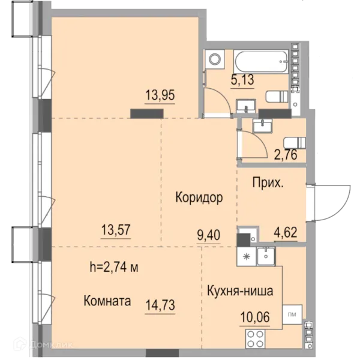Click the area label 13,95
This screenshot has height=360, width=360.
(x=160, y=95)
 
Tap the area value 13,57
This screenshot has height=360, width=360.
(x=116, y=230)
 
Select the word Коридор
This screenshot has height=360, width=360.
(x=199, y=197)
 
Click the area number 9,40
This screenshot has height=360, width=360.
(x=209, y=235)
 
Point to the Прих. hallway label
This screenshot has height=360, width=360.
(x=268, y=183)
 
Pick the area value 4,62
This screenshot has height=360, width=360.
(x=286, y=232)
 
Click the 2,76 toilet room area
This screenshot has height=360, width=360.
(x=286, y=154)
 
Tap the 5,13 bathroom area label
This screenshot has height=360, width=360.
(x=242, y=79)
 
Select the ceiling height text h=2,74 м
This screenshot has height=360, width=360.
(x=114, y=267)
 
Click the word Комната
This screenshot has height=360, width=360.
(x=107, y=301)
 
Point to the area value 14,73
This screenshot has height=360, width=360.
(x=160, y=305)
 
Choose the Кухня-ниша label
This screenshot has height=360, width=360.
(x=240, y=290)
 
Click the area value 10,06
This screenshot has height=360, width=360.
(x=255, y=317)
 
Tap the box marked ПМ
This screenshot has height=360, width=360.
(x=292, y=314)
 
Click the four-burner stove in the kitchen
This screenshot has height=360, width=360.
(x=255, y=338)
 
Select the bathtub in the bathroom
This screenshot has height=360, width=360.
(x=261, y=62)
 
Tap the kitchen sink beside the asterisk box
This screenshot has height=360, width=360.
(x=266, y=256)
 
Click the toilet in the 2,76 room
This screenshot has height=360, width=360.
(x=295, y=142)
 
